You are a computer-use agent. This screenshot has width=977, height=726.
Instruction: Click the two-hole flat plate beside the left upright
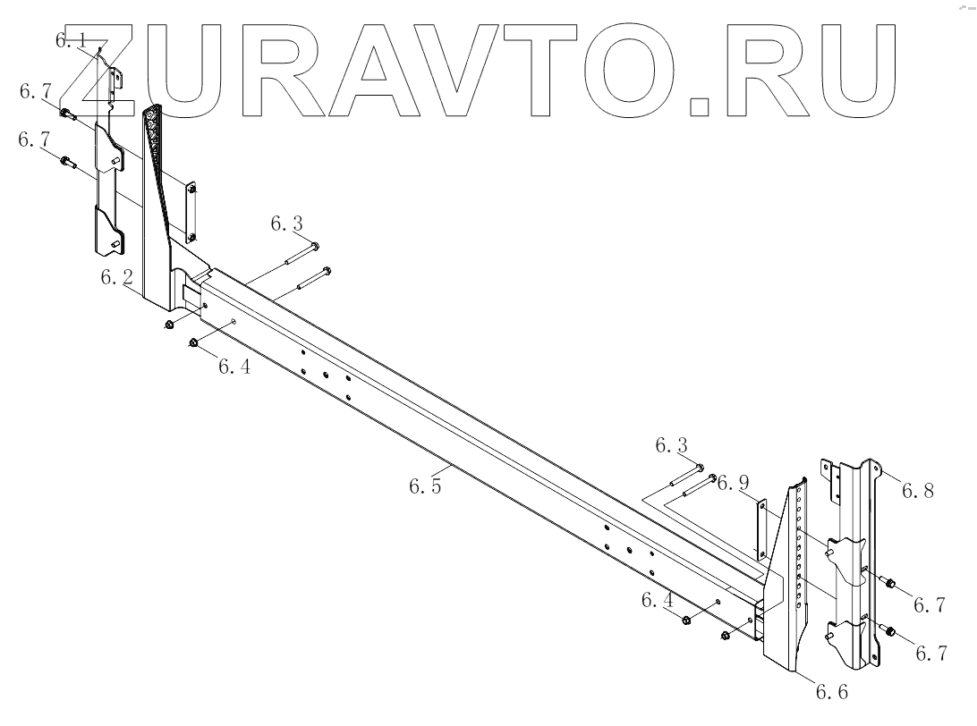coord(190,212)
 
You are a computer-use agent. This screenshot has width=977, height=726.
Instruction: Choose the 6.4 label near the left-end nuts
coord(234,367)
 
